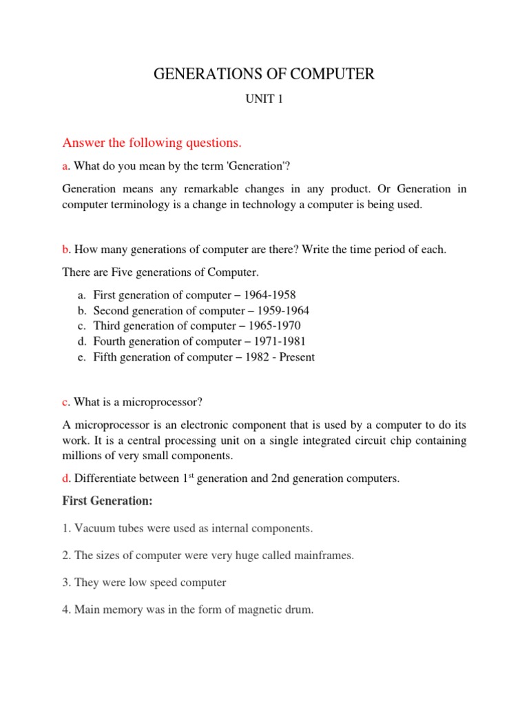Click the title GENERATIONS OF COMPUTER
(264, 74)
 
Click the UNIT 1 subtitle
(264, 99)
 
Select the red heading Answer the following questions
(152, 143)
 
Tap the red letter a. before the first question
(66, 166)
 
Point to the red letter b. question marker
(66, 250)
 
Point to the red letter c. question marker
(66, 402)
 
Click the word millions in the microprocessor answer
(82, 456)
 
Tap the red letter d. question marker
(66, 478)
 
